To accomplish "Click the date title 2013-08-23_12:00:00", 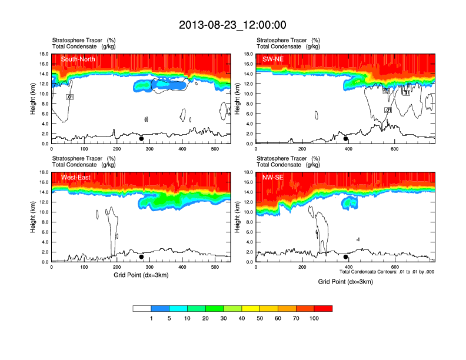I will click(x=232, y=25).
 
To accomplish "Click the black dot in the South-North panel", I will click(x=141, y=139).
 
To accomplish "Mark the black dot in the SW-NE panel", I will click(x=346, y=139).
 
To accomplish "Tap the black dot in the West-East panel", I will click(x=141, y=257).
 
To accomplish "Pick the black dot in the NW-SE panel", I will click(x=346, y=257).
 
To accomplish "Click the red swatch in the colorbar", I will click(x=323, y=308).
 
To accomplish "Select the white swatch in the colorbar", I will click(x=142, y=308).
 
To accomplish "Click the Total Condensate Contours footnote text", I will click(x=387, y=272).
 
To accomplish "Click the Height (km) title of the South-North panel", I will click(x=34, y=99).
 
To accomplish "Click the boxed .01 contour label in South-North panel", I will click(x=69, y=96).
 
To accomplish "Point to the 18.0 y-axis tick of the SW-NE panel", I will click(x=249, y=54).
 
